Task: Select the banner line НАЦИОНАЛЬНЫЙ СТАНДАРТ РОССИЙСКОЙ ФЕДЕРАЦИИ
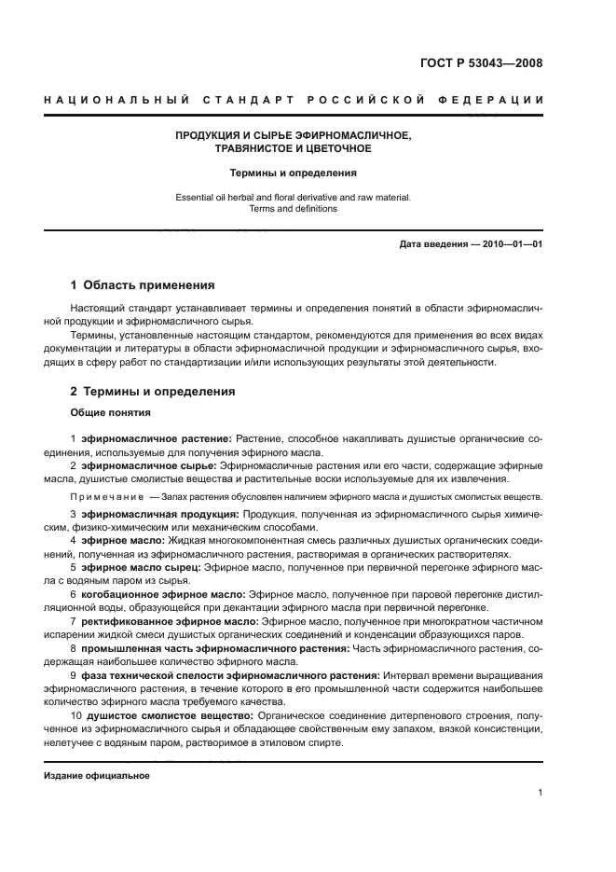[294, 100]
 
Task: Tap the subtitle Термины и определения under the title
[294, 173]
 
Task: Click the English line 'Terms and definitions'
[294, 209]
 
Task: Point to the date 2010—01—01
[509, 244]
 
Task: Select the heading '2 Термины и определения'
[153, 392]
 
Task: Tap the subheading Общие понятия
[111, 412]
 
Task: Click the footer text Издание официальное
[96, 776]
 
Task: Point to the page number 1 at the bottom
[540, 793]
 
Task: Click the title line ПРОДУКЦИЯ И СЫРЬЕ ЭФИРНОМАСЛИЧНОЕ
[294, 135]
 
